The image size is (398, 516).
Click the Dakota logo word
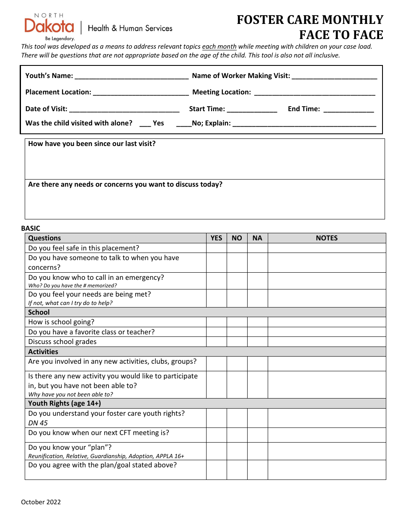(x=49, y=26)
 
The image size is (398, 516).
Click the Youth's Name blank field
(x=131, y=76)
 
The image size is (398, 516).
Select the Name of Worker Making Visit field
(x=334, y=76)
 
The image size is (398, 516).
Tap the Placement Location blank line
(x=141, y=93)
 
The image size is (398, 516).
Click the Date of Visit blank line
(x=124, y=109)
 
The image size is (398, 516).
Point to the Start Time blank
(x=252, y=109)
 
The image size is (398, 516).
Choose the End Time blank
(x=349, y=109)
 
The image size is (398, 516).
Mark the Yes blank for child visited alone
(x=145, y=123)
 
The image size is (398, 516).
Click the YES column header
(x=216, y=238)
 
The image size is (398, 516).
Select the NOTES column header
(x=326, y=238)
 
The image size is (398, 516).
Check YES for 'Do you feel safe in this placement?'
(x=216, y=248)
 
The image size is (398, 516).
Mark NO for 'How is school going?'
(x=237, y=322)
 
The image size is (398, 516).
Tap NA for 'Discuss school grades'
(x=257, y=341)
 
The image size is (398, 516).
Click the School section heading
(x=39, y=312)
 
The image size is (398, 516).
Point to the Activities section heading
(x=43, y=352)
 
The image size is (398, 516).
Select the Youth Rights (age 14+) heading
(x=65, y=403)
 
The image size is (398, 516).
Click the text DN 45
(x=38, y=423)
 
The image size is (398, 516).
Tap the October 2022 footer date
(x=41, y=502)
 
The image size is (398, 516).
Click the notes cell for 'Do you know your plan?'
(x=326, y=451)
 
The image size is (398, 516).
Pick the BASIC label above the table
(x=31, y=228)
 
